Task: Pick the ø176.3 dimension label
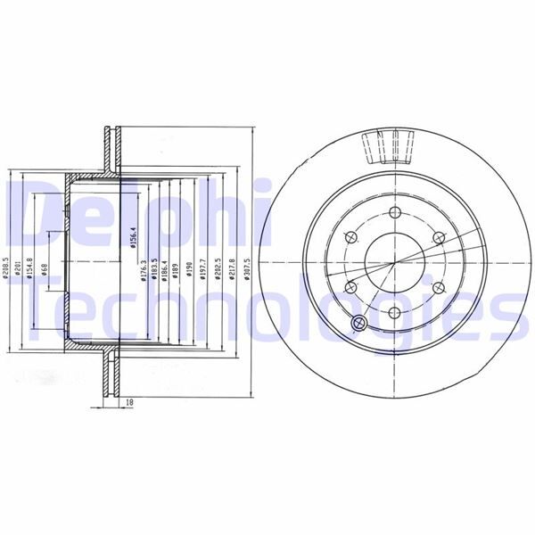(144, 272)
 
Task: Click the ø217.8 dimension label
(232, 270)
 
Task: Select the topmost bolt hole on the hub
(393, 211)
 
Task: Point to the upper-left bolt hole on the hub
(349, 237)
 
